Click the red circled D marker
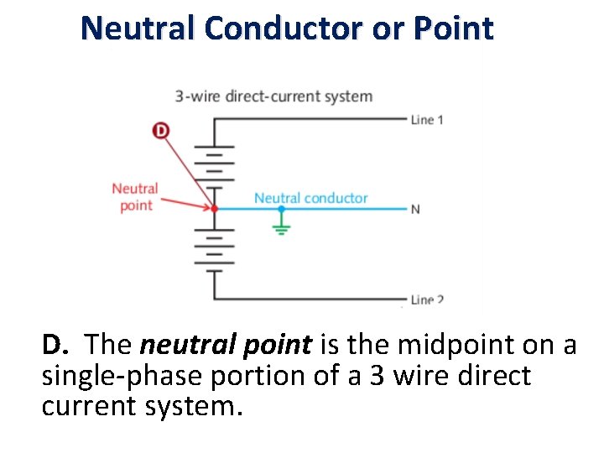point(160,130)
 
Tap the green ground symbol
point(281,226)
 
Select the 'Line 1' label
point(427,120)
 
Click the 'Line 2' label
point(427,299)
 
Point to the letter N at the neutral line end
point(415,209)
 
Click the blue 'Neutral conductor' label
point(310,198)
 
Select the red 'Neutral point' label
point(134,197)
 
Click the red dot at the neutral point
point(215,208)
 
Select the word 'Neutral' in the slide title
point(138,29)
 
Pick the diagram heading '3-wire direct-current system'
point(273,96)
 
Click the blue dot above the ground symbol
point(281,208)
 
